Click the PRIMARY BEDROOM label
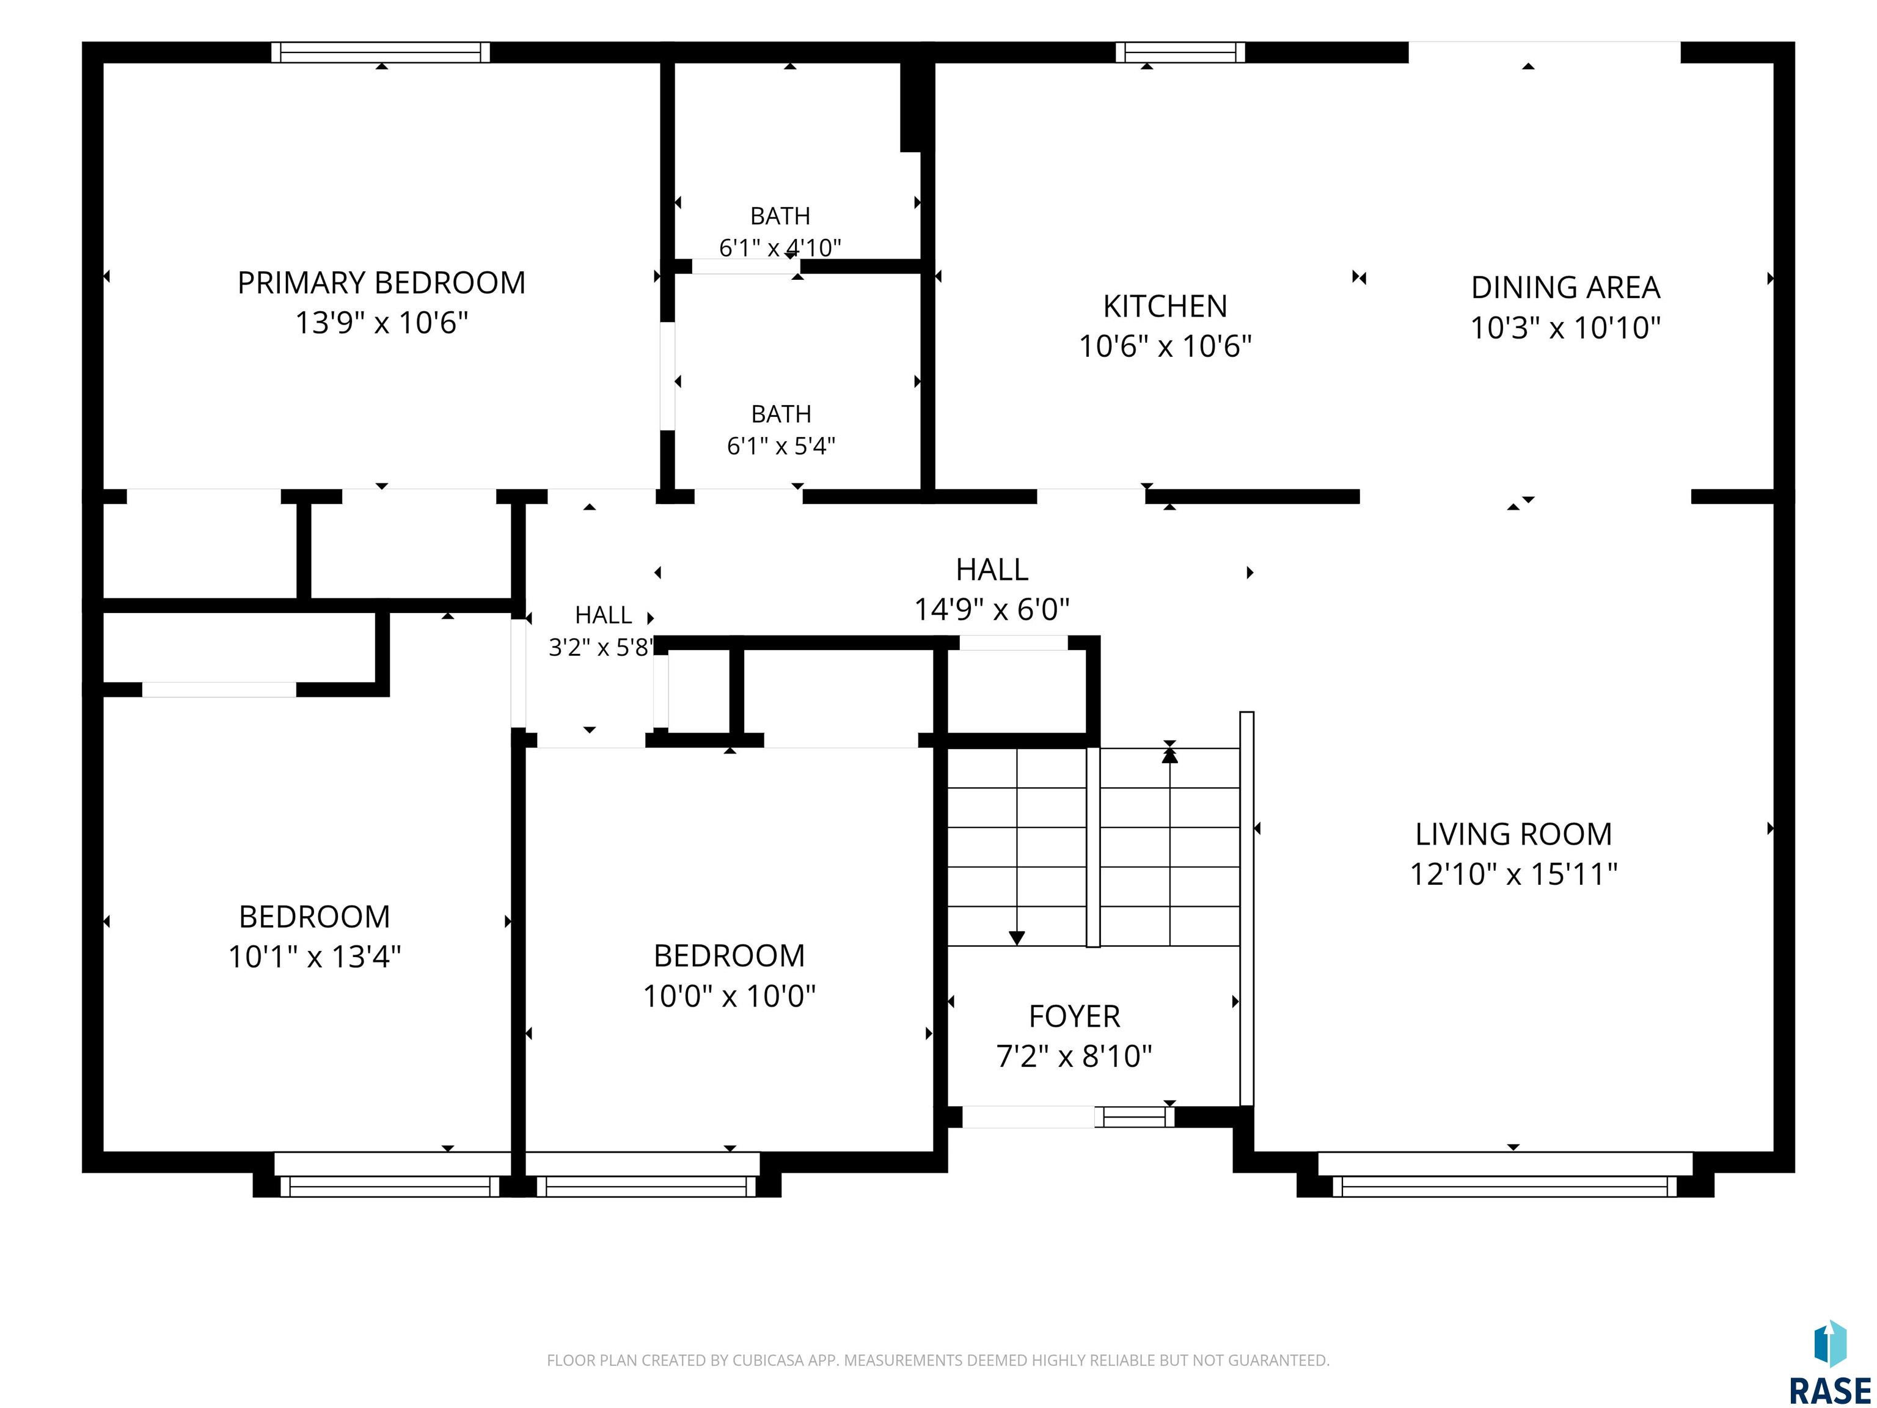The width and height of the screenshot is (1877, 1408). pyautogui.click(x=381, y=282)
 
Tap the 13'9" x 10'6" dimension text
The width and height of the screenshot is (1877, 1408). pyautogui.click(x=381, y=323)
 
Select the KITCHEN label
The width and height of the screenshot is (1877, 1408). pyautogui.click(x=1165, y=306)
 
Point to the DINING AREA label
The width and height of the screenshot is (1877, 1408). pyautogui.click(x=1565, y=288)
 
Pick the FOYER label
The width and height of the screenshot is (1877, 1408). pyautogui.click(x=1074, y=1016)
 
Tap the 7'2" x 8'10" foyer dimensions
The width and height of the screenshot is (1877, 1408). pyautogui.click(x=1074, y=1056)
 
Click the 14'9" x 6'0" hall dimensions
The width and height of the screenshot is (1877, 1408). pyautogui.click(x=992, y=609)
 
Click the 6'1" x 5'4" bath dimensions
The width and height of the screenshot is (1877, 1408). pyautogui.click(x=781, y=446)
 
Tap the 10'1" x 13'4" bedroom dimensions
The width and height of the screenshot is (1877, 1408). pyautogui.click(x=314, y=956)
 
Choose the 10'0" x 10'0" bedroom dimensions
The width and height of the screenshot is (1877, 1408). pyautogui.click(x=729, y=996)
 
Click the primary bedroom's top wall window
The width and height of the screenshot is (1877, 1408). pyautogui.click(x=381, y=53)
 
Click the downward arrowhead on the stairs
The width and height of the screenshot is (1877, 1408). pyautogui.click(x=1017, y=938)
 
